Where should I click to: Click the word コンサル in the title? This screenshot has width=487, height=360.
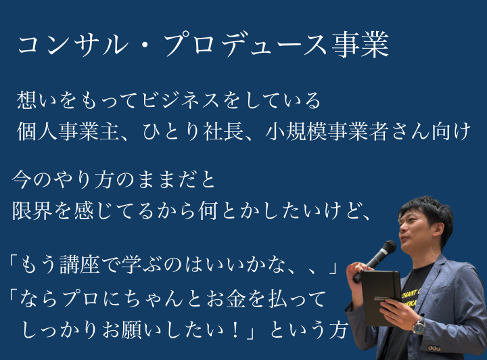[x=73, y=45]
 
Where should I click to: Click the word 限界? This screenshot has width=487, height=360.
[x=32, y=210]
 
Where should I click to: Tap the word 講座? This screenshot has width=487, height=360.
[x=80, y=265]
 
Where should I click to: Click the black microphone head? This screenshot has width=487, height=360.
[x=388, y=248]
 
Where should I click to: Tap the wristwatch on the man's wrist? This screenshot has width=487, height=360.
[x=419, y=325]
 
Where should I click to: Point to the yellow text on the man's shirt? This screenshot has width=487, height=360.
[x=411, y=298]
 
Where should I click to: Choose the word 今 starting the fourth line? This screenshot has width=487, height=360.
[x=22, y=179]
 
